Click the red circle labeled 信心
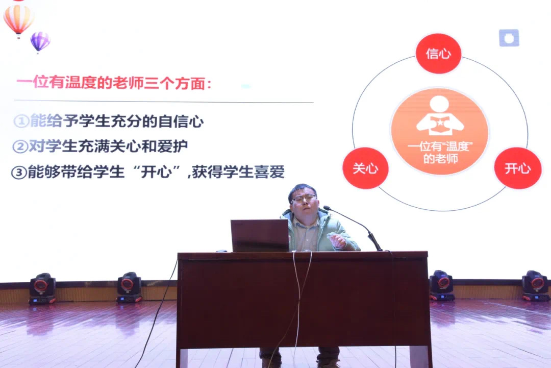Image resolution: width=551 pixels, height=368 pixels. pyautogui.click(x=438, y=54)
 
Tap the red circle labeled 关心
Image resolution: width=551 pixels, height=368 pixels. pyautogui.click(x=365, y=168)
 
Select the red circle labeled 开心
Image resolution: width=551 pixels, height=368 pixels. pyautogui.click(x=518, y=168)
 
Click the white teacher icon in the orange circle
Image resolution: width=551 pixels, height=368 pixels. pyautogui.click(x=440, y=116)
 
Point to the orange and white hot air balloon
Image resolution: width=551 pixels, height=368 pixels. pyautogui.click(x=18, y=20)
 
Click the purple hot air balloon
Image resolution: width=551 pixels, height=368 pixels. pyautogui.click(x=40, y=42)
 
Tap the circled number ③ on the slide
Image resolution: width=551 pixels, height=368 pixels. pyautogui.click(x=19, y=173)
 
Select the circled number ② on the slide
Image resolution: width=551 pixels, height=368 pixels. pyautogui.click(x=20, y=146)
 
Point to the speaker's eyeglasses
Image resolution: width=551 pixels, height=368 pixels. pyautogui.click(x=304, y=199)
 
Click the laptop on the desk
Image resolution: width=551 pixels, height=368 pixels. pyautogui.click(x=260, y=235)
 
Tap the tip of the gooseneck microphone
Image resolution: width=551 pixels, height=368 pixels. pyautogui.click(x=326, y=208)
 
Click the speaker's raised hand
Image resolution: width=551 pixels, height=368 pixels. pyautogui.click(x=338, y=240)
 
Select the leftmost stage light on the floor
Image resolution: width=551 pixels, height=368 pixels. pyautogui.click(x=42, y=288)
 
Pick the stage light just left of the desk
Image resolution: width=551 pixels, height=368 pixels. pyautogui.click(x=129, y=287)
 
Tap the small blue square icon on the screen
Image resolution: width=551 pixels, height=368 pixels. pyautogui.click(x=509, y=38)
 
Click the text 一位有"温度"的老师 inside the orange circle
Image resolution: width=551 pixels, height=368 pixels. pyautogui.click(x=440, y=153)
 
